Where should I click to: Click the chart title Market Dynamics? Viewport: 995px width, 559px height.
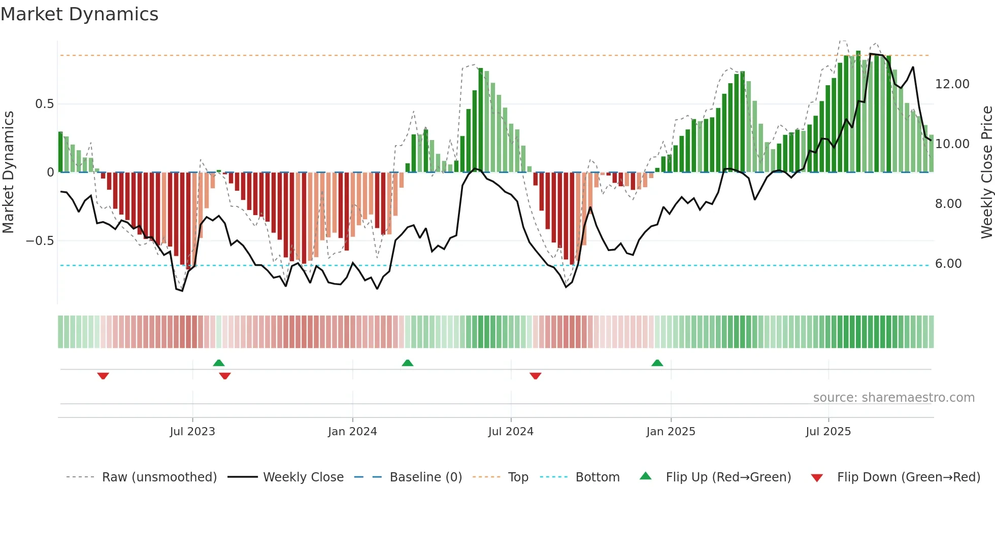tap(79, 14)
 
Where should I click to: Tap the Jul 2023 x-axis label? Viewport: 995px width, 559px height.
tap(192, 432)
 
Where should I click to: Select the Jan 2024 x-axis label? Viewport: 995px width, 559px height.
tap(352, 432)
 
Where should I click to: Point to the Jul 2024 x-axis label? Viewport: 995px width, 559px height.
tap(511, 432)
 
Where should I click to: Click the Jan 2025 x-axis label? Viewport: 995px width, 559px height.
tap(671, 432)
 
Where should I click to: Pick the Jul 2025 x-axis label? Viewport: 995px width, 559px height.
tap(828, 432)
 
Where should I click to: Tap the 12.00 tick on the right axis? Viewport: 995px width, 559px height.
tap(952, 84)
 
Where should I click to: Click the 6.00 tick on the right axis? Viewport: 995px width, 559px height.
tap(948, 264)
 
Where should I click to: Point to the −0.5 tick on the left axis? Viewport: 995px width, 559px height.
tap(40, 241)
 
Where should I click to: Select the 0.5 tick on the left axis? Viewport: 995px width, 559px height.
tap(44, 104)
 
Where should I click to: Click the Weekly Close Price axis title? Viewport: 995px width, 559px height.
tap(986, 172)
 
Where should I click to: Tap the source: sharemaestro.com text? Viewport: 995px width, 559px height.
tap(893, 398)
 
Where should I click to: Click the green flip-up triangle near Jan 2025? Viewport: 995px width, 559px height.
tap(657, 363)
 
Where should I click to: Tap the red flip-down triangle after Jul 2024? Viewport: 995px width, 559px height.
tap(535, 376)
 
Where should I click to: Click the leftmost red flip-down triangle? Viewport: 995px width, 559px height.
tap(103, 376)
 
